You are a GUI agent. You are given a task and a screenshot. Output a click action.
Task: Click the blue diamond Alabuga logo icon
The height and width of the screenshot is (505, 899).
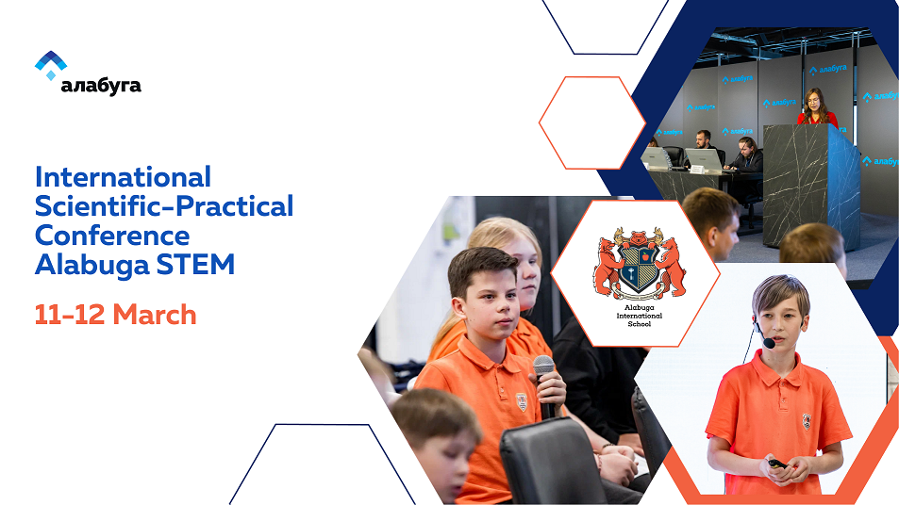tap(50, 65)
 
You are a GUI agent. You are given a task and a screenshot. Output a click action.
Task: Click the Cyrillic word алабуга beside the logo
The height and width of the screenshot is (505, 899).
tap(101, 86)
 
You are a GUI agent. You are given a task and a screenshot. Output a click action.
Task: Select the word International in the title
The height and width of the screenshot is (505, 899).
tap(123, 177)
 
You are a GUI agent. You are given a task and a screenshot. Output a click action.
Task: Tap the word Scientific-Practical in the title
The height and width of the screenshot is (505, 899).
tap(164, 206)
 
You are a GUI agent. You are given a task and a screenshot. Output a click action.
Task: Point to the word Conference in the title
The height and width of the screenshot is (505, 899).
tap(112, 236)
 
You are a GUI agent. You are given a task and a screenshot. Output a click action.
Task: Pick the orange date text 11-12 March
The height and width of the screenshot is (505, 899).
tap(115, 314)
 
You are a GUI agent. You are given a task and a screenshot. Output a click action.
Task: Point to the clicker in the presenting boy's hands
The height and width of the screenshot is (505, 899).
tap(777, 464)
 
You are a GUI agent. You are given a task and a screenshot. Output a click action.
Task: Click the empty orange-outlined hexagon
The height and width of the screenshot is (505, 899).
tap(591, 122)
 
